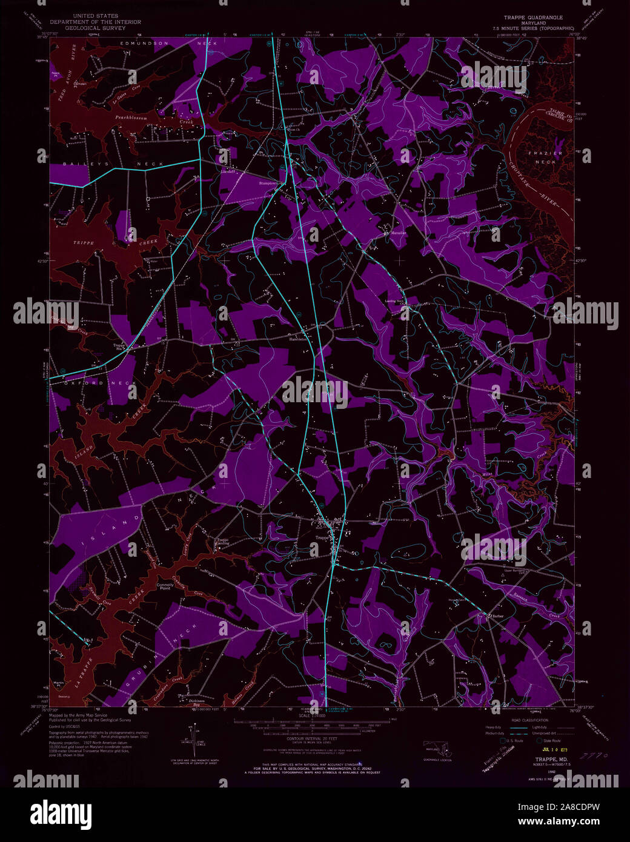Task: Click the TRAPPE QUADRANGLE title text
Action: (x=533, y=18)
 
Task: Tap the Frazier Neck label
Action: (x=545, y=157)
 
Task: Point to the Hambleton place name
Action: (x=299, y=340)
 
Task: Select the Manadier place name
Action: (x=398, y=233)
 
